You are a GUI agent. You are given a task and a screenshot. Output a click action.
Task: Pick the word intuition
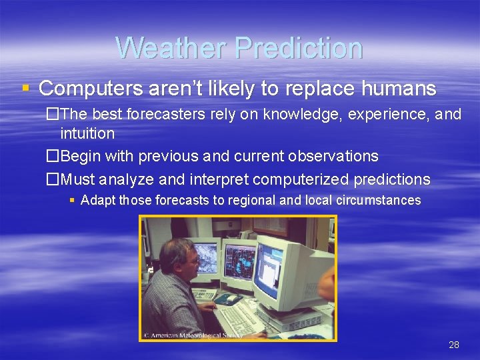pos(87,133)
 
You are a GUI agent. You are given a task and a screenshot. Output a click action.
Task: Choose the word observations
pos(333,157)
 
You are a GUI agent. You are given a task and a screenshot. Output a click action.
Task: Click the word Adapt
pos(97,200)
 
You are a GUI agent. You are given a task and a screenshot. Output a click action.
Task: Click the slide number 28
pos(454,345)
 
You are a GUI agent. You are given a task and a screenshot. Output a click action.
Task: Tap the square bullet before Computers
pos(25,88)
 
